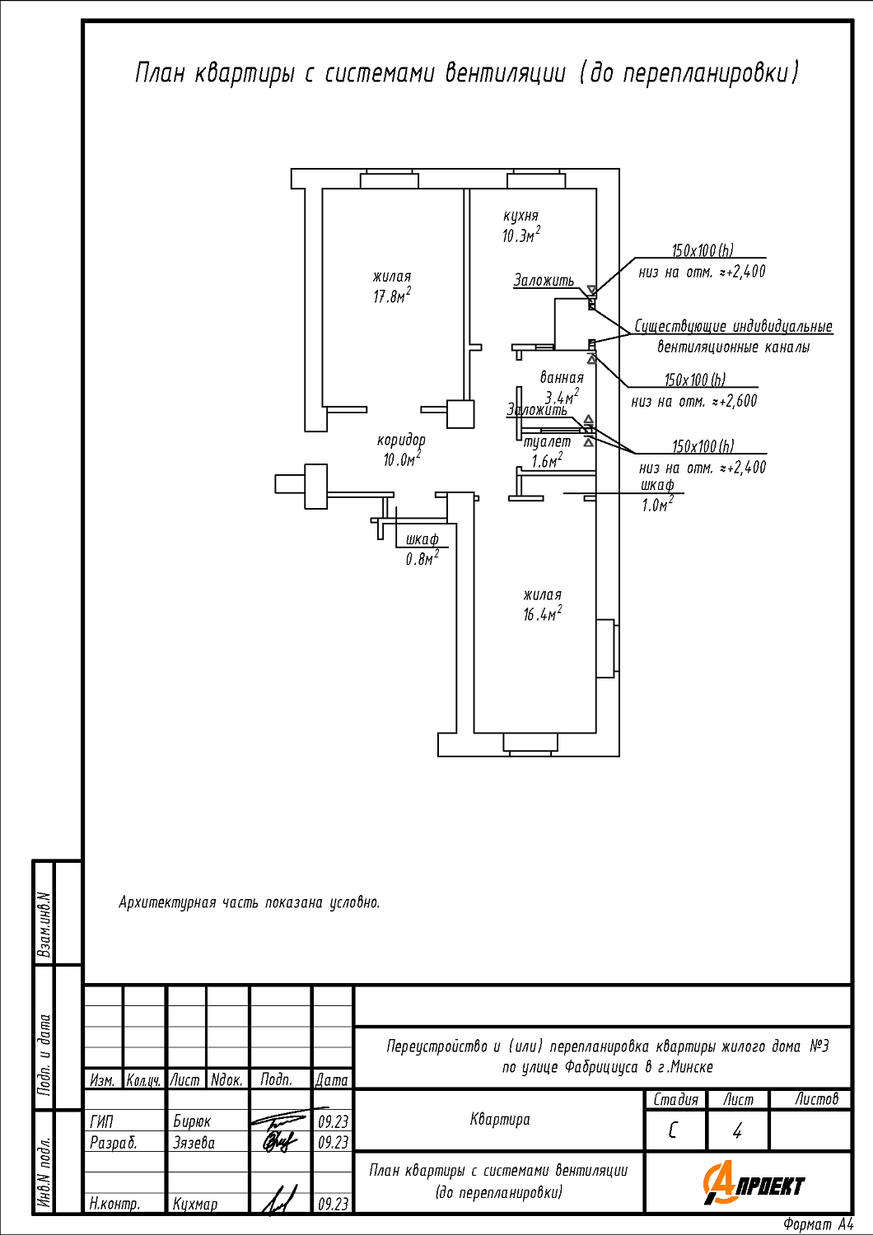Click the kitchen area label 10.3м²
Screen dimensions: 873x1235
(521, 235)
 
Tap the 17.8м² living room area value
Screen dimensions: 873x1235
(392, 296)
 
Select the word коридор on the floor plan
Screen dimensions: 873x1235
(401, 440)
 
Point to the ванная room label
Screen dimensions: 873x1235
(562, 378)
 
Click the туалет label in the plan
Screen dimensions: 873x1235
(547, 442)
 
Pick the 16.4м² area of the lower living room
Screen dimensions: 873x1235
(543, 613)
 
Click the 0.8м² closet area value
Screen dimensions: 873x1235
(422, 558)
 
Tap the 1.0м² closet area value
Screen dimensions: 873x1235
(657, 505)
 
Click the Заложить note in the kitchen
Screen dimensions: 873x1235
(544, 281)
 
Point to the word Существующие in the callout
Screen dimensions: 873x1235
(680, 326)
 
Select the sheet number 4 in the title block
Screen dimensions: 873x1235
(737, 1131)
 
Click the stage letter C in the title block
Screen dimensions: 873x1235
(672, 1131)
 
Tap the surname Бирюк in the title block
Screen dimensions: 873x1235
(192, 1121)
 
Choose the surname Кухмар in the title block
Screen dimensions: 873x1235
(194, 1204)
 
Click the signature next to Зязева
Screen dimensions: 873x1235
(279, 1142)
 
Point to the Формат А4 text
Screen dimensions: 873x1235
(819, 1224)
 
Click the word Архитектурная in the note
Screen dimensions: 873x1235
(167, 903)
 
